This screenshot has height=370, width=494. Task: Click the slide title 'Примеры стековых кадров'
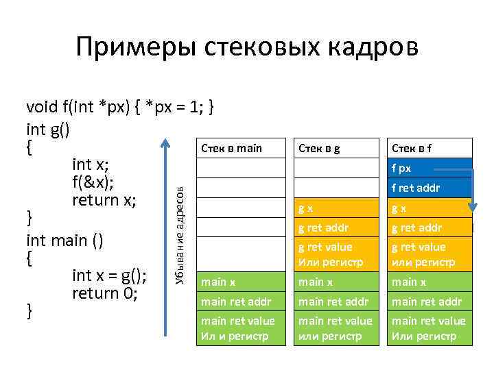246,47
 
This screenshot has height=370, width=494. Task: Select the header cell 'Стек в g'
318,149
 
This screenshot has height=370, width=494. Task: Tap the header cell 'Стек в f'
412,149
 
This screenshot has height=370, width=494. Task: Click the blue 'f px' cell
401,169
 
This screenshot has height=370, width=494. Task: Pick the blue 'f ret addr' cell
415,188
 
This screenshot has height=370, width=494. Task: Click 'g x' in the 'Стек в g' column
306,208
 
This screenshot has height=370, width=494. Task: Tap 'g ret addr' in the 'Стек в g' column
323,228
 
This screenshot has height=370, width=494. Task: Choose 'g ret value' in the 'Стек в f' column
419,254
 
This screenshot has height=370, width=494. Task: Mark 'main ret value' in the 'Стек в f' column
429,328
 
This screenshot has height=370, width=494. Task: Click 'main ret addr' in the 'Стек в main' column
235,301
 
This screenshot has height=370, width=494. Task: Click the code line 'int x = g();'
109,275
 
